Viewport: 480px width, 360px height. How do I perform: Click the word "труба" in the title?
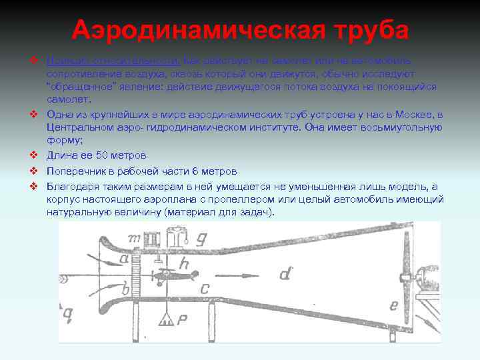[x=365, y=30]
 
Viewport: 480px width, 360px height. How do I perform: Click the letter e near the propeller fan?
[x=393, y=306]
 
